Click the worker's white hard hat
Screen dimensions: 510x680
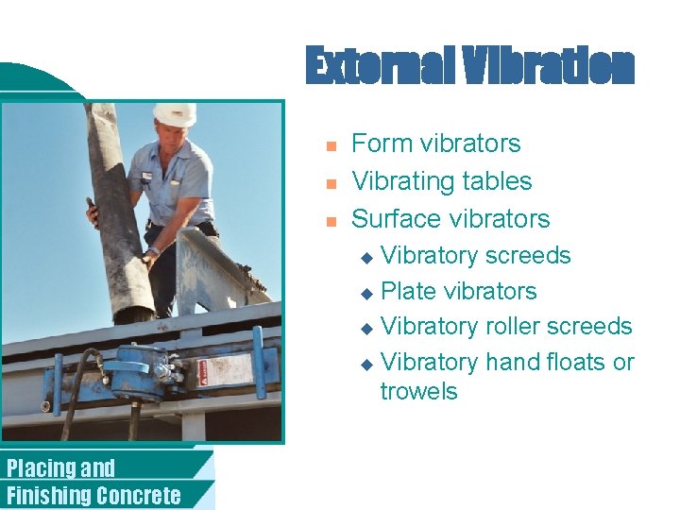click(175, 113)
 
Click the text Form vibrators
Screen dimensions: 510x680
click(435, 144)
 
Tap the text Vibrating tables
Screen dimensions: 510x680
click(441, 181)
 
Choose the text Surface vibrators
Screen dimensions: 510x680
click(450, 219)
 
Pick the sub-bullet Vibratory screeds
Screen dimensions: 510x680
click(475, 256)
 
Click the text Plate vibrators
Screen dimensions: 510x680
click(458, 292)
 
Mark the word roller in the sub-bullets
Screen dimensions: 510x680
click(516, 327)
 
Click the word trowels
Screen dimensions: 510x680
click(418, 391)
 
